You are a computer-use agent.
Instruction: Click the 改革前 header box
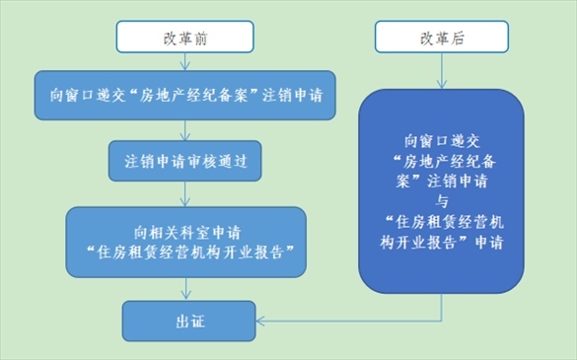pyautogui.click(x=185, y=36)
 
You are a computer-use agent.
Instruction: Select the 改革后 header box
pyautogui.click(x=442, y=36)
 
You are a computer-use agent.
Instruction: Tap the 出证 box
pyautogui.click(x=188, y=321)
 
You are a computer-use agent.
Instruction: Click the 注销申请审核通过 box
pyautogui.click(x=185, y=161)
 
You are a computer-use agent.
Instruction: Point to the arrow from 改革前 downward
pyautogui.click(x=185, y=61)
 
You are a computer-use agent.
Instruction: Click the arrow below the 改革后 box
pyautogui.click(x=442, y=71)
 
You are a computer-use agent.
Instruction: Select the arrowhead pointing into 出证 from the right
pyautogui.click(x=260, y=321)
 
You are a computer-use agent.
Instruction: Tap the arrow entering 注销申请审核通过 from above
pyautogui.click(x=185, y=130)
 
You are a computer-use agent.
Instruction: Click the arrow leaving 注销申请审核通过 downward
pyautogui.click(x=185, y=194)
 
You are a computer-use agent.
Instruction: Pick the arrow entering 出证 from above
pyautogui.click(x=186, y=289)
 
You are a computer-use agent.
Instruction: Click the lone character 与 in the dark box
pyautogui.click(x=442, y=201)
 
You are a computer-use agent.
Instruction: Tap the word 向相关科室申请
pyautogui.click(x=187, y=233)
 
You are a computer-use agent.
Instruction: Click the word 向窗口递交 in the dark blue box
pyautogui.click(x=442, y=141)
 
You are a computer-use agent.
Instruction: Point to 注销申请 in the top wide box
pyautogui.click(x=293, y=96)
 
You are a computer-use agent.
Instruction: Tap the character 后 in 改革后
pyautogui.click(x=457, y=37)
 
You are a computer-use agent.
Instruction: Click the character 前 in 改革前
pyautogui.click(x=200, y=37)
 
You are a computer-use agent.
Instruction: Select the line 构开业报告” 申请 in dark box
pyautogui.click(x=442, y=243)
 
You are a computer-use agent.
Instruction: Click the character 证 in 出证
pyautogui.click(x=198, y=322)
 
